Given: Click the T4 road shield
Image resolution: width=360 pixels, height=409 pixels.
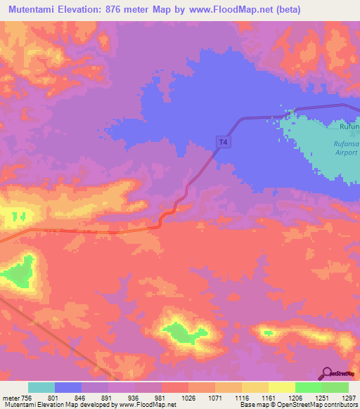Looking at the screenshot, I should pyautogui.click(x=223, y=142).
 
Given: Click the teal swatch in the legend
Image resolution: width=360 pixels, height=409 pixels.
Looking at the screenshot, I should pyautogui.click(x=41, y=387).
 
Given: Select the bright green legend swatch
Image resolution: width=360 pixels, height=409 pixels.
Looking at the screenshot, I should pyautogui.click(x=308, y=387).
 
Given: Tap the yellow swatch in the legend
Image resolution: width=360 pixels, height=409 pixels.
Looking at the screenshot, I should pyautogui.click(x=281, y=387).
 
